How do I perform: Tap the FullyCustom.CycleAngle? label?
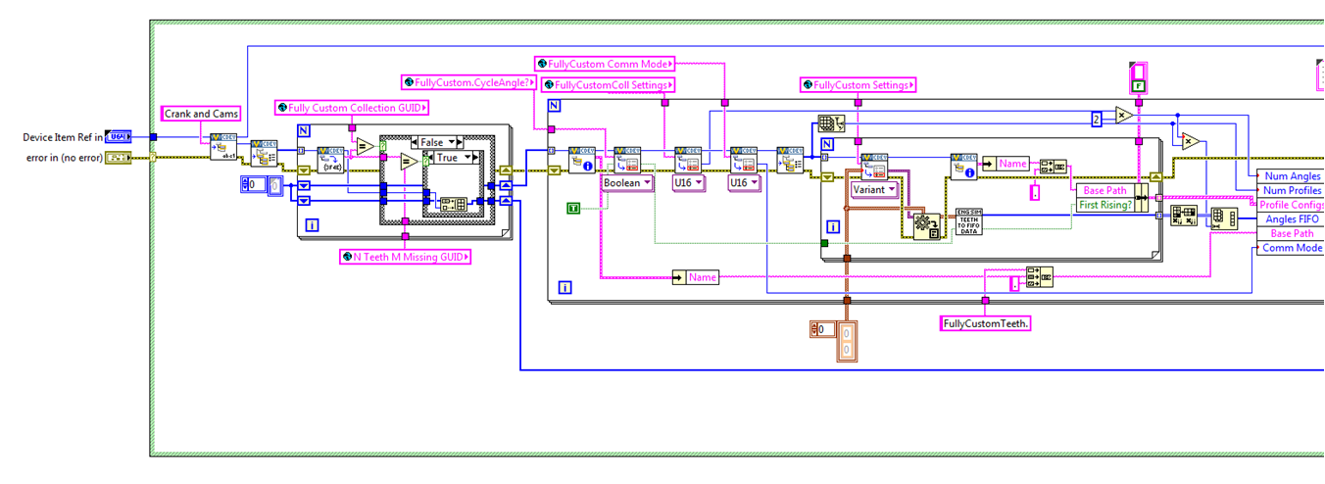(x=466, y=82)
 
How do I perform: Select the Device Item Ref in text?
(x=62, y=137)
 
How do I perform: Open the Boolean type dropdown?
(x=627, y=182)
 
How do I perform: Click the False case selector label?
(x=438, y=142)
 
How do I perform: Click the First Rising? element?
(x=1104, y=205)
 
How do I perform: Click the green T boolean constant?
(x=573, y=208)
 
